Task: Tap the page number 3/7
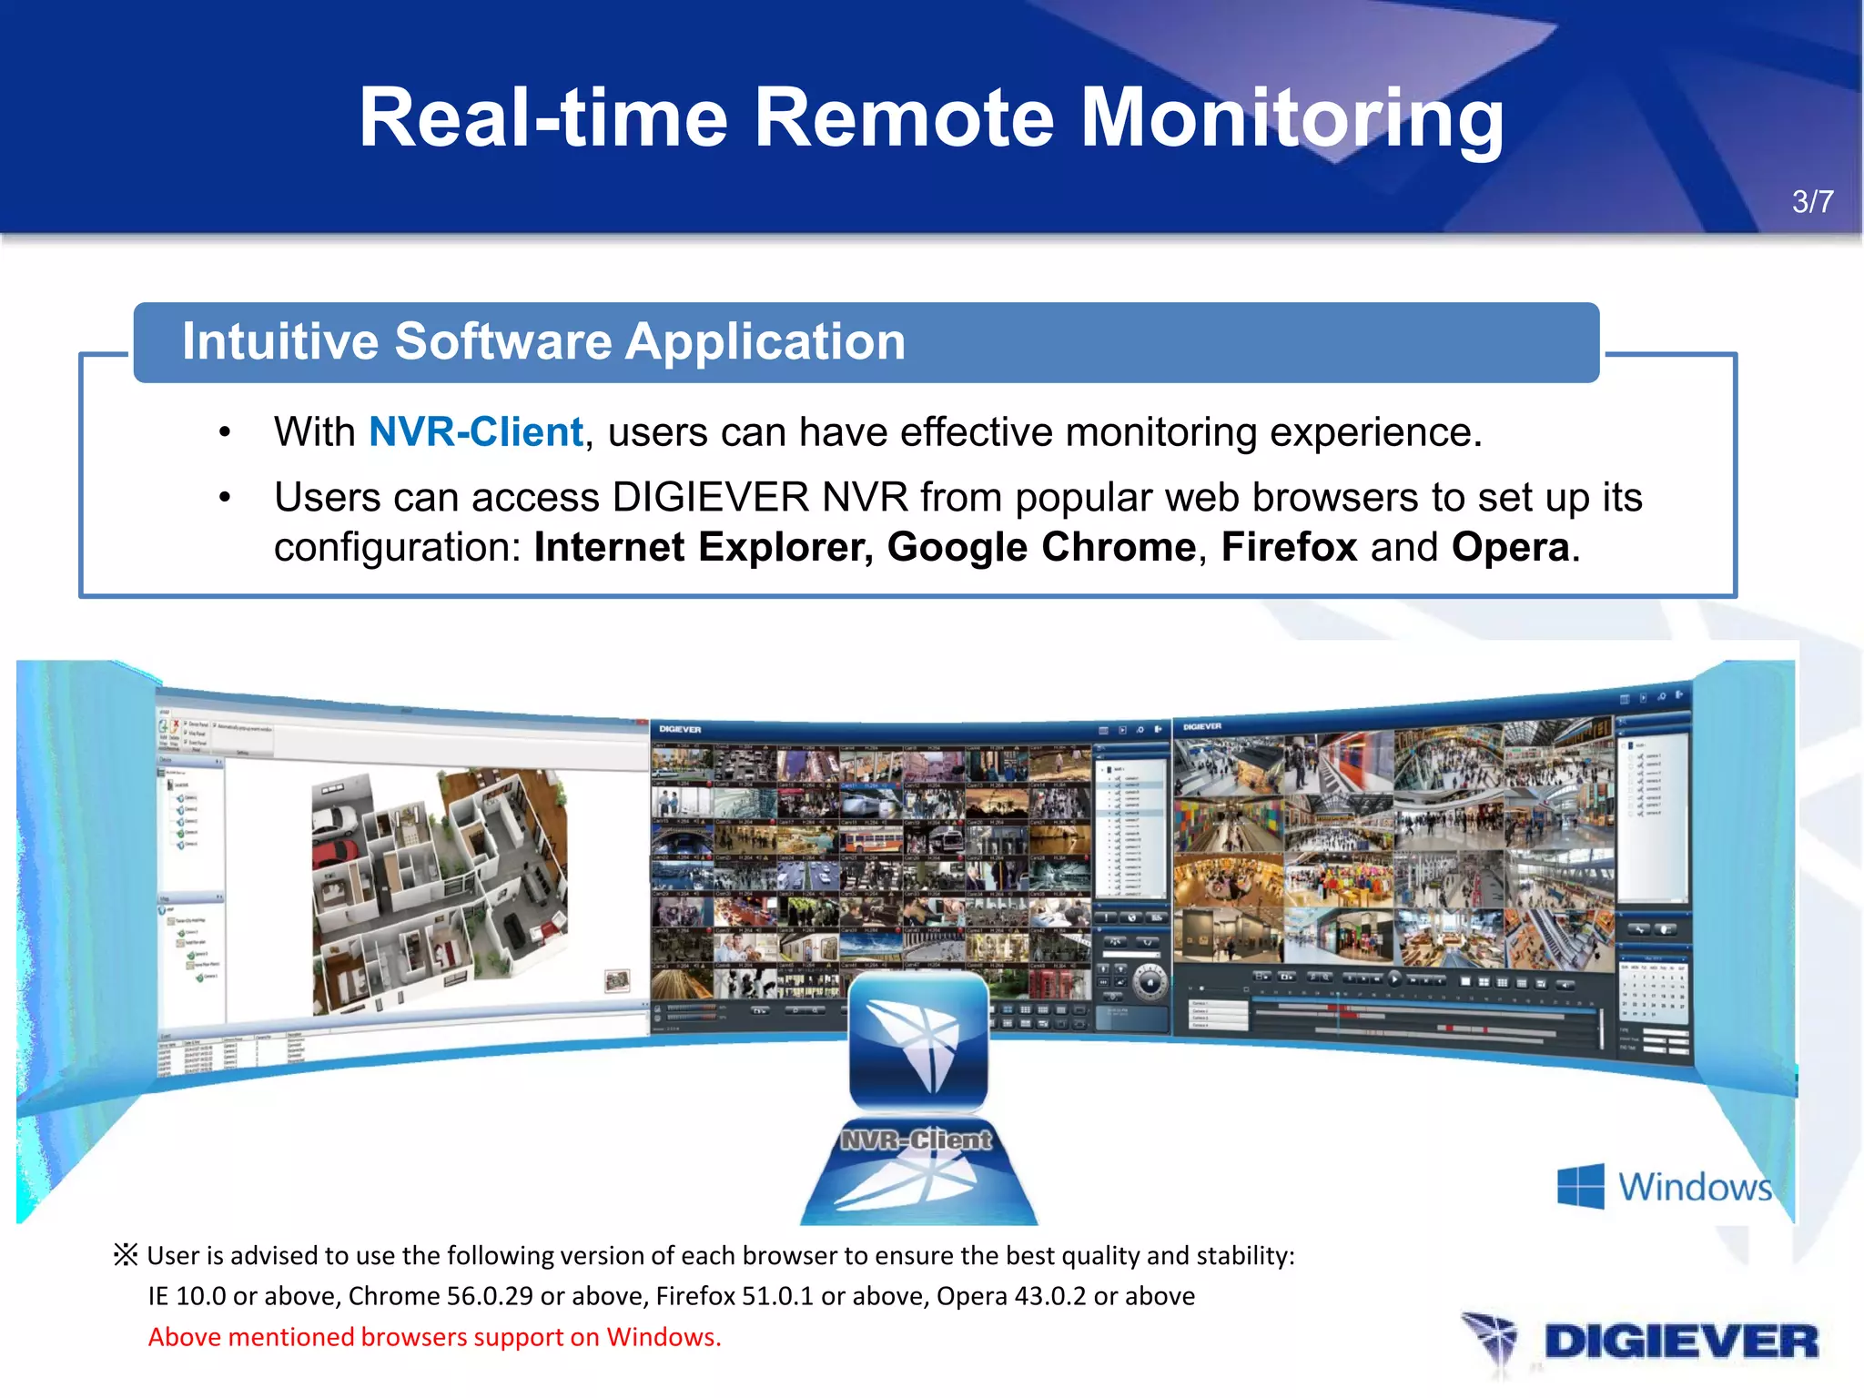tap(1812, 201)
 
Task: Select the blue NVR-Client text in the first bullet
tap(475, 431)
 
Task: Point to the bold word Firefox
tap(1289, 547)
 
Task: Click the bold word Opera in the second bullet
tap(1510, 547)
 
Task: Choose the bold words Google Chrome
tap(1041, 547)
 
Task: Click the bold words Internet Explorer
tap(702, 547)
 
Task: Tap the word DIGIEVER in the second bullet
tap(711, 498)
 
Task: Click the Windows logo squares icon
tap(1580, 1186)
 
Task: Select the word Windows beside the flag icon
tap(1695, 1187)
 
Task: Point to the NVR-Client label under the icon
tap(917, 1140)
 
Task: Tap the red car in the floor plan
tap(334, 855)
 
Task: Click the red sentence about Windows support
tap(434, 1337)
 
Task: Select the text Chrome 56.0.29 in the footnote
tap(440, 1296)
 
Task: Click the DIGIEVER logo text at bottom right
tap(1680, 1342)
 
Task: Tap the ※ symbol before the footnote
tap(126, 1255)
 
